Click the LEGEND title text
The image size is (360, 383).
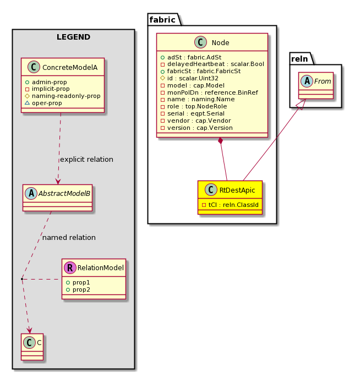click(x=73, y=37)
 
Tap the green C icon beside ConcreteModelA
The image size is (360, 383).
click(x=34, y=67)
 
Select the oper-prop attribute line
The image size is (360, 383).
click(x=43, y=103)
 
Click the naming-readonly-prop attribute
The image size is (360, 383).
click(x=63, y=96)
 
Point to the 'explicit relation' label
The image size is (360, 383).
click(x=87, y=159)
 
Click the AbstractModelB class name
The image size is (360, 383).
click(x=64, y=194)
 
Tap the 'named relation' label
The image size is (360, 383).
click(x=69, y=237)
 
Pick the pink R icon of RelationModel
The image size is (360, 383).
click(x=70, y=267)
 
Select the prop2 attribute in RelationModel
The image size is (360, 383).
click(x=78, y=289)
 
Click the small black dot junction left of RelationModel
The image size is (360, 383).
click(x=22, y=278)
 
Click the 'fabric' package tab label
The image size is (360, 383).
click(x=162, y=20)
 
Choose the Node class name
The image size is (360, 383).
click(x=220, y=43)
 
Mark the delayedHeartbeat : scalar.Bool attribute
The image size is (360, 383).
click(x=212, y=64)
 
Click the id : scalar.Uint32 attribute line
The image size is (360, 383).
click(x=189, y=78)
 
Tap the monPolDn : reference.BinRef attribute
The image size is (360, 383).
click(x=209, y=92)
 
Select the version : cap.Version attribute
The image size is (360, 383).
click(x=197, y=128)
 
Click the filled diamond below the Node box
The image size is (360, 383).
click(x=221, y=141)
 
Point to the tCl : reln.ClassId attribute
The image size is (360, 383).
click(x=230, y=205)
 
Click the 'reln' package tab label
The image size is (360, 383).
click(x=299, y=59)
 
